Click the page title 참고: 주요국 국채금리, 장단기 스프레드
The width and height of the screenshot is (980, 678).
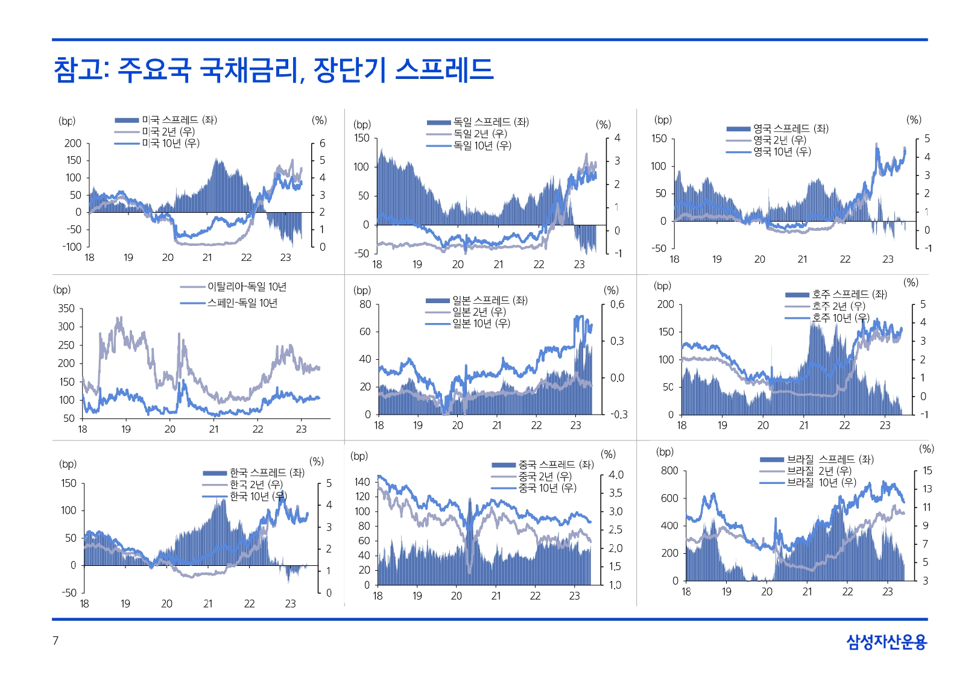[x=273, y=69]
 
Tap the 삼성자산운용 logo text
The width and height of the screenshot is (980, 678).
[x=886, y=642]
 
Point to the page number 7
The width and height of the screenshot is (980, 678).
[x=55, y=641]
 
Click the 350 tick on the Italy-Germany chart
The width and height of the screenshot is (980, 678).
[x=66, y=309]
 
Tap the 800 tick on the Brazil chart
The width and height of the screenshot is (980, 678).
[x=669, y=471]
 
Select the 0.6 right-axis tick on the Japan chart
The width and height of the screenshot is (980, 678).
[x=617, y=304]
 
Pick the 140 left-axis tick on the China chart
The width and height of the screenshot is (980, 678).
[x=362, y=482]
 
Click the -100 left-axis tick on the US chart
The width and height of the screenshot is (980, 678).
[x=72, y=246]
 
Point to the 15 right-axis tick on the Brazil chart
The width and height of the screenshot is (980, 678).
[x=927, y=471]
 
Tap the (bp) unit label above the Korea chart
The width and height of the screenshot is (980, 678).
[x=68, y=464]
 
